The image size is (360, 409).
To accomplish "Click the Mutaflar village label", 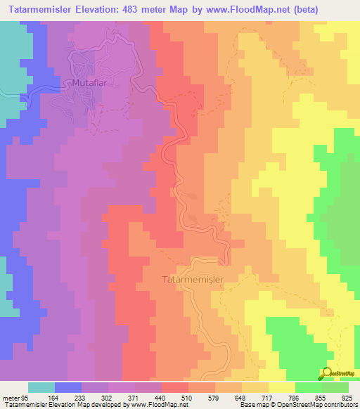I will pos(90,83).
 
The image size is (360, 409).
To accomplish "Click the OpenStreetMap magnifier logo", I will pos(326,374).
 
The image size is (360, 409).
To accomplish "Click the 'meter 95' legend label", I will pos(15,397).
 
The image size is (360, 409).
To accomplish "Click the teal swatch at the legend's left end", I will pos(41,387).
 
